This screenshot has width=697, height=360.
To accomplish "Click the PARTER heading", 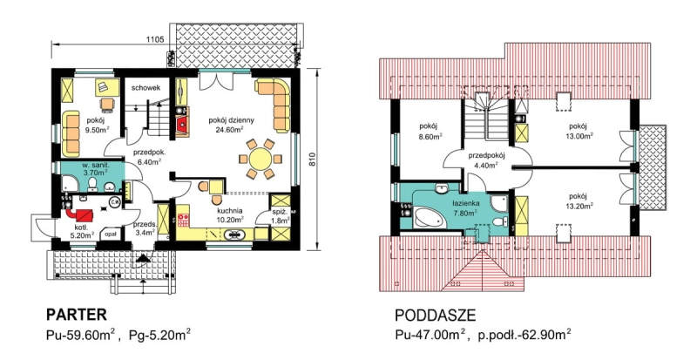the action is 77,315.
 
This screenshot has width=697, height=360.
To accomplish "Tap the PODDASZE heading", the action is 435,316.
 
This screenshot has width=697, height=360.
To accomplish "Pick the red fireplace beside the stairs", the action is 182,124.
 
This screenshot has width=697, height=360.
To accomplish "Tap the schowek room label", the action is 145,88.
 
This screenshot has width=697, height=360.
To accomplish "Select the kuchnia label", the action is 230,211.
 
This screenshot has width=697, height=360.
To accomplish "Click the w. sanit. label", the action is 94,166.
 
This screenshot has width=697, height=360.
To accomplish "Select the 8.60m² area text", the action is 428,137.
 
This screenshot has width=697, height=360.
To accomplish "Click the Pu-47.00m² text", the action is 430,335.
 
